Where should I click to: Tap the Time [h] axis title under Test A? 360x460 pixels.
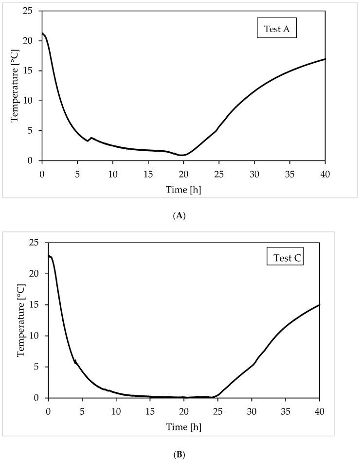183,189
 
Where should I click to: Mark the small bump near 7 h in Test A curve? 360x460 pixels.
91,138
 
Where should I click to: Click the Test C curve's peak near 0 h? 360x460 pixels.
50,256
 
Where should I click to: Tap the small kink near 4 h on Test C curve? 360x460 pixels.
75,361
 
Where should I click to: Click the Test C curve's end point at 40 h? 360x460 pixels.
319,304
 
